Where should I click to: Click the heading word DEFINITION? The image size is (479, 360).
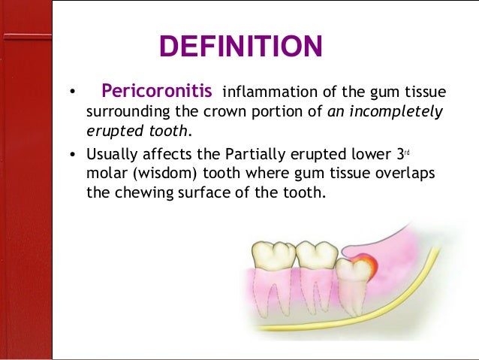240,47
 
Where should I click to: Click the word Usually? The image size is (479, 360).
112,155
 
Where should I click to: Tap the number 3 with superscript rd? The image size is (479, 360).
399,155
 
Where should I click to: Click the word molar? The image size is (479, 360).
105,173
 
